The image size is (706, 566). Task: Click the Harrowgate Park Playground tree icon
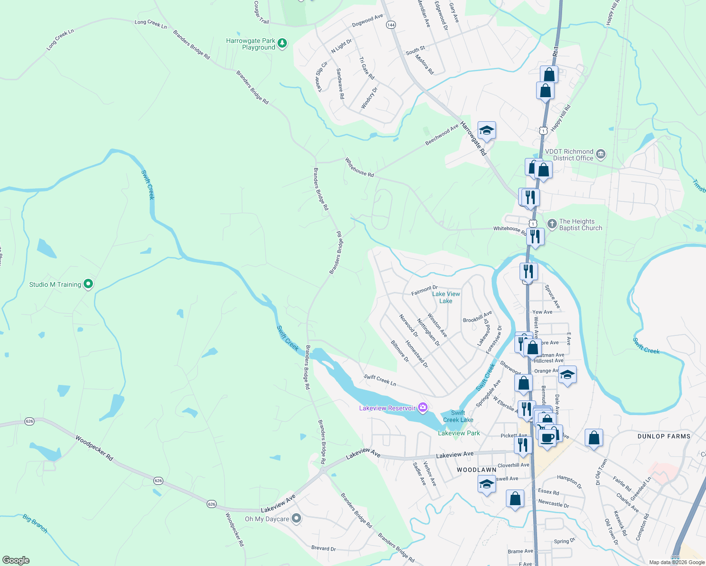click(282, 43)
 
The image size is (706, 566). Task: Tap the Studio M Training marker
click(88, 284)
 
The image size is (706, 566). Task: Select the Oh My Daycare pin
click(296, 518)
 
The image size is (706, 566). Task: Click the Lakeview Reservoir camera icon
click(423, 408)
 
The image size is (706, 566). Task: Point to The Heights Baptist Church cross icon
click(552, 224)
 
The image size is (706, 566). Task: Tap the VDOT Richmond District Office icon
click(600, 154)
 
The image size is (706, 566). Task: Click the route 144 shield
click(391, 25)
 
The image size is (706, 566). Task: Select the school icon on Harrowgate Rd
click(487, 130)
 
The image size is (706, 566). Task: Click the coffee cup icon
click(547, 437)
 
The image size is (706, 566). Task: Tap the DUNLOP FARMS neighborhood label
click(664, 436)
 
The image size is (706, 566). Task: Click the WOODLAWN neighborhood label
click(477, 470)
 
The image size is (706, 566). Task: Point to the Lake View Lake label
click(446, 297)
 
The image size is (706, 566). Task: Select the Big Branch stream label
click(35, 524)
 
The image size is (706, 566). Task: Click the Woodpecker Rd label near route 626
click(94, 448)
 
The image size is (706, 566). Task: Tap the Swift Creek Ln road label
click(380, 380)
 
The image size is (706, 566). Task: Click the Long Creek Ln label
click(151, 24)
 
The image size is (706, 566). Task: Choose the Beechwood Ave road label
click(442, 134)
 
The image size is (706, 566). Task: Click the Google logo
click(16, 560)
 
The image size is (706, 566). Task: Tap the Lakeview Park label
click(459, 433)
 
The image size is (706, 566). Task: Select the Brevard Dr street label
click(323, 548)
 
